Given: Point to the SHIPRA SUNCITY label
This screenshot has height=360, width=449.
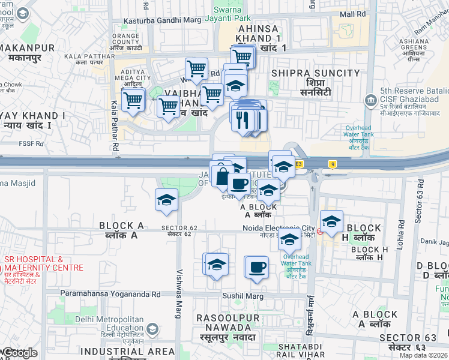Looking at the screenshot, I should [315, 73].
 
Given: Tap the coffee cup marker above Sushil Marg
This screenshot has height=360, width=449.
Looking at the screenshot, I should [258, 267].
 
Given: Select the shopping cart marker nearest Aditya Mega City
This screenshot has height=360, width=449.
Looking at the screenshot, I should [133, 99].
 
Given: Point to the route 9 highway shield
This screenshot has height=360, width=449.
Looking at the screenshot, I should [331, 163].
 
